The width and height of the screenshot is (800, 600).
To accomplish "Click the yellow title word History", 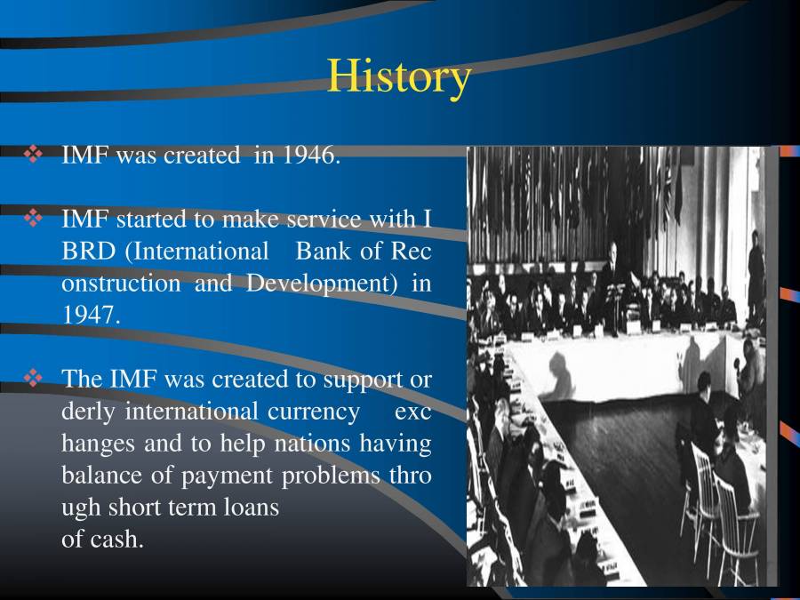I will [x=398, y=76].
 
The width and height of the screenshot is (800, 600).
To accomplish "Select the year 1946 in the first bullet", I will [x=310, y=156].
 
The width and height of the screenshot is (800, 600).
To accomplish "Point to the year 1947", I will [x=90, y=315].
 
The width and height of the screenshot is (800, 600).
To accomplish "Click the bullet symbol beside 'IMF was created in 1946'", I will [x=34, y=156].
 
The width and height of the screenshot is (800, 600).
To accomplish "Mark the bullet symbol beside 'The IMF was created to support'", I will [x=34, y=380].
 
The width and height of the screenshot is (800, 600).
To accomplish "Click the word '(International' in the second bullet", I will [x=196, y=252].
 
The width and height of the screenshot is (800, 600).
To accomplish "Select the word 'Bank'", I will [x=324, y=252].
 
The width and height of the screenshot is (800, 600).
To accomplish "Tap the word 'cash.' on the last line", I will [x=116, y=539].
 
